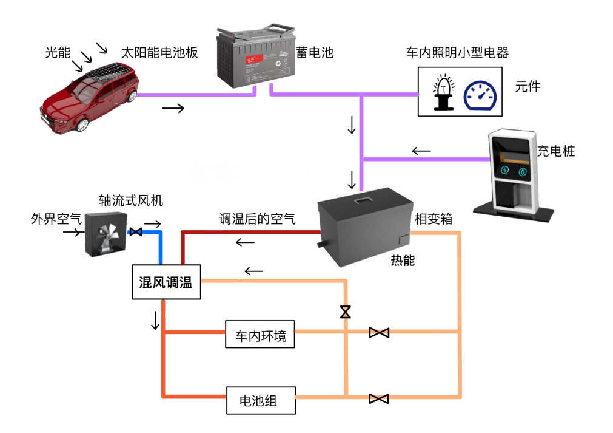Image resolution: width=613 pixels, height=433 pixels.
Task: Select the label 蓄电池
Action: (314, 52)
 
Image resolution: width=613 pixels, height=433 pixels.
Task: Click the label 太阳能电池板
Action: (159, 53)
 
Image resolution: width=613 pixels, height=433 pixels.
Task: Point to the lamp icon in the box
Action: (444, 92)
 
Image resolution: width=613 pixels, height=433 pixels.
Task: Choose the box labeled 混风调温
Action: (166, 282)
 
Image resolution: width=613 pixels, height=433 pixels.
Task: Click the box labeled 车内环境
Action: (260, 334)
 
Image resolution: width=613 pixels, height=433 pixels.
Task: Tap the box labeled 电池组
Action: (261, 400)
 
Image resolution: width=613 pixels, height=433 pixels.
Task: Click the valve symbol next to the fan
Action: (136, 232)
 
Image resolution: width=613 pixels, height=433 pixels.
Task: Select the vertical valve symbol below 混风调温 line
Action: (345, 312)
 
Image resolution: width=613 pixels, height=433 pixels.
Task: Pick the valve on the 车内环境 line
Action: (379, 332)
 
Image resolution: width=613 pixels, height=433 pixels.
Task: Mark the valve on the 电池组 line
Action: (379, 398)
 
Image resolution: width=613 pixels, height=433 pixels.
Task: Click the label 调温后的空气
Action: (257, 219)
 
